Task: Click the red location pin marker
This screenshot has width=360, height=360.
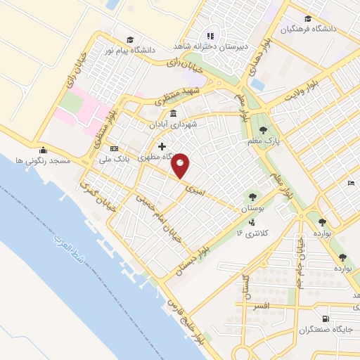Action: point(181,165)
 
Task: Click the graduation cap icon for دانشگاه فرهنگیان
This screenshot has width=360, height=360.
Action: point(307,19)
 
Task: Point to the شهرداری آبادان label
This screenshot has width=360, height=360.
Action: point(173,124)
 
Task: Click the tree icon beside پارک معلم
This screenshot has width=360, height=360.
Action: point(263,130)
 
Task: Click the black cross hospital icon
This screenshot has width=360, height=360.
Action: point(162,146)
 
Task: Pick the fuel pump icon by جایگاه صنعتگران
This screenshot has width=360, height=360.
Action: point(324,317)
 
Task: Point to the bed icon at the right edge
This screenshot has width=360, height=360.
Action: point(350,184)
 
